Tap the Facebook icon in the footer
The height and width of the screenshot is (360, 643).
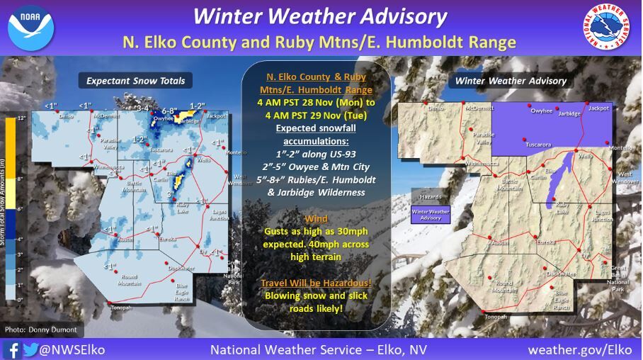point(12,349)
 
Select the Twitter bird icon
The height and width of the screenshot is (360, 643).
point(30,349)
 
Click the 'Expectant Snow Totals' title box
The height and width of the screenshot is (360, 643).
point(135,81)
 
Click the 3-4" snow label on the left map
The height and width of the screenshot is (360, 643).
point(144,108)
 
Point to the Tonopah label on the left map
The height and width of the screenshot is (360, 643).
point(120,317)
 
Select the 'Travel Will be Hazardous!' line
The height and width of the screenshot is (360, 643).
point(316,283)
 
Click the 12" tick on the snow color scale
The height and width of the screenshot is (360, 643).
point(21,118)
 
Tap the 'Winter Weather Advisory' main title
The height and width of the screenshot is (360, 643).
point(320,17)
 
